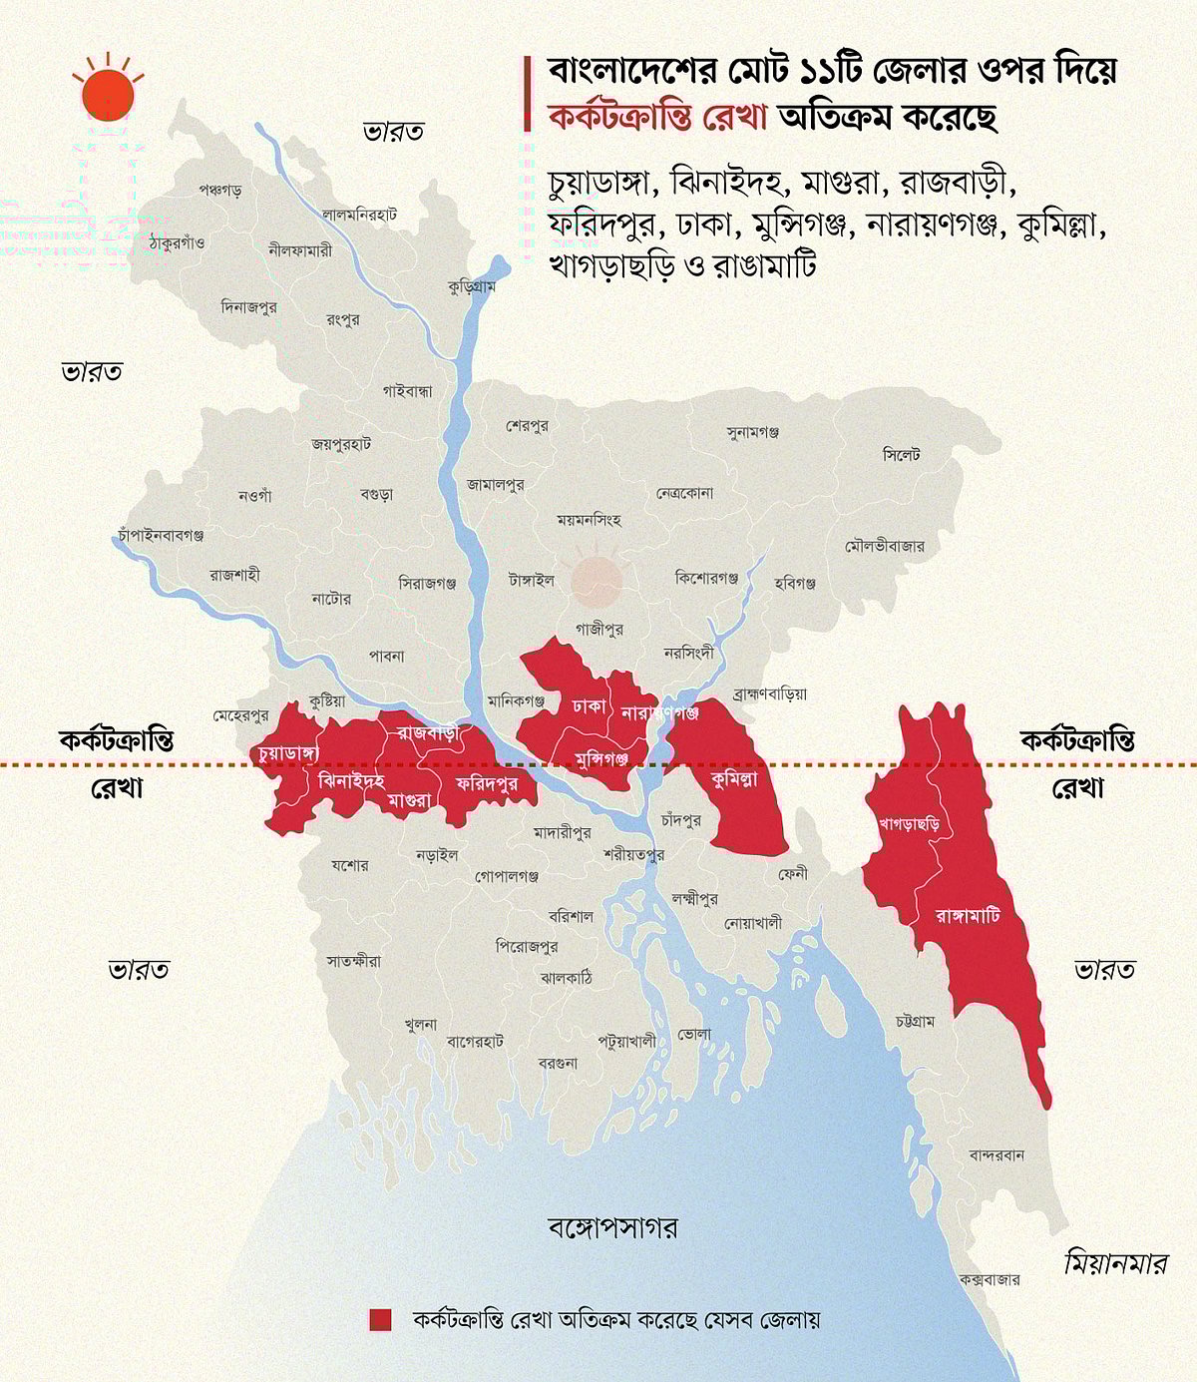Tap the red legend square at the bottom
[380, 1319]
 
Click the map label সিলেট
[902, 454]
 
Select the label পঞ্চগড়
[219, 189]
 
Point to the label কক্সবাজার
[990, 1279]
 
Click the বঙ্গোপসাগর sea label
[613, 1226]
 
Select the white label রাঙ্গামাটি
[968, 914]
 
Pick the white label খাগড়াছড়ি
[910, 824]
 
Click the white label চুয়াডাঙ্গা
[287, 751]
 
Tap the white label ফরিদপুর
[487, 783]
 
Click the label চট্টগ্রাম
[915, 1021]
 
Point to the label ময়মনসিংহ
[589, 520]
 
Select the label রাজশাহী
[234, 575]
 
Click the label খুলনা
[420, 1024]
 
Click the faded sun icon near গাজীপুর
[597, 581]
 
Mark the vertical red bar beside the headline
[527, 95]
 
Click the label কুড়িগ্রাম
[472, 286]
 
